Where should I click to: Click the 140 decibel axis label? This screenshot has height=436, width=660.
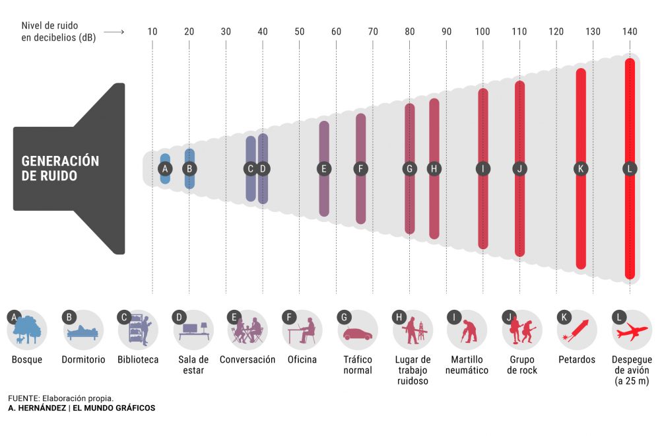pos(630,32)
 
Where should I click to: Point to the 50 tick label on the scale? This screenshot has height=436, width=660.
pos(300,32)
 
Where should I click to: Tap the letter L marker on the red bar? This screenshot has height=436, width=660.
pos(630,168)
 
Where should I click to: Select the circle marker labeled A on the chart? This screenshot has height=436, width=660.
pos(166,168)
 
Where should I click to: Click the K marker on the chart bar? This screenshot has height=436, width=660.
pos(581,168)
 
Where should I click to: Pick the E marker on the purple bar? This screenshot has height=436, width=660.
pos(323,168)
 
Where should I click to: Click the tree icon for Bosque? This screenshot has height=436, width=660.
pos(27,331)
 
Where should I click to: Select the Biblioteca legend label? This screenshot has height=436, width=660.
pos(138,360)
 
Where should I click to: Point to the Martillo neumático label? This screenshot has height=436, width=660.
pos(467,365)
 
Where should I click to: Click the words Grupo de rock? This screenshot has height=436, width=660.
pos(522,365)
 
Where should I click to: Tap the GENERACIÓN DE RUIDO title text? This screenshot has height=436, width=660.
pos(60,168)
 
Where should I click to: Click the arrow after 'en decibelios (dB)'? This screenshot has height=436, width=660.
pos(114,32)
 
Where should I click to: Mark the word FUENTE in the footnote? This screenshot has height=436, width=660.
pos(23,398)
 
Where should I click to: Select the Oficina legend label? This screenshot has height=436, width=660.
pos(302,360)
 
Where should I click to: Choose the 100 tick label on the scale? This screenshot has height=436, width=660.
pos(482,32)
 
